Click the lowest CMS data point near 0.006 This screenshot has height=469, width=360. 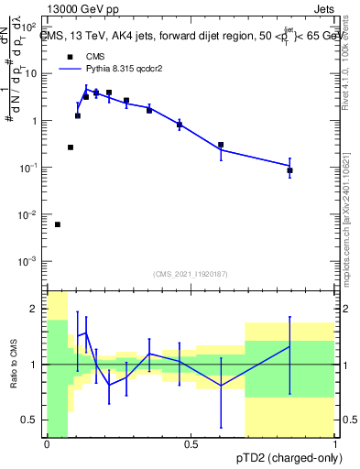click(x=58, y=224)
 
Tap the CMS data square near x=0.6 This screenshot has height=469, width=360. click(x=221, y=145)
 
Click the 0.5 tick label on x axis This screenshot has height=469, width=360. click(x=191, y=444)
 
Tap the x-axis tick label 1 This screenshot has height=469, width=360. click(x=335, y=444)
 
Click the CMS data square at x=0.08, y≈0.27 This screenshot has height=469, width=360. click(x=71, y=147)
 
